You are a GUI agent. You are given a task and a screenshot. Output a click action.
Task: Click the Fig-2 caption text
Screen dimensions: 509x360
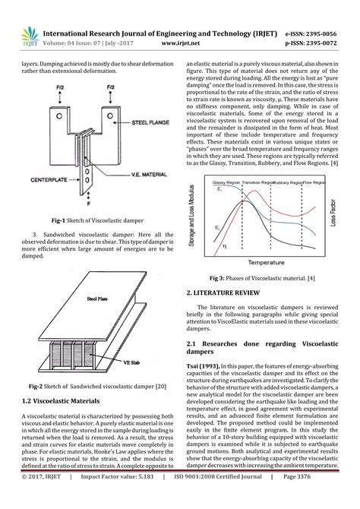92,386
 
